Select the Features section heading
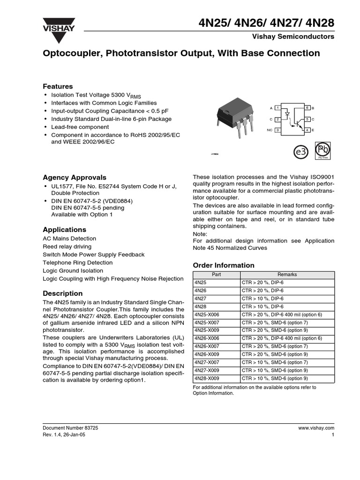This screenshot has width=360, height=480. pyautogui.click(x=58, y=86)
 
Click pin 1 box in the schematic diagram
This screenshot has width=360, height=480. pyautogui.click(x=277, y=108)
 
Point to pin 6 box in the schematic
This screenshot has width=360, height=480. pyautogui.click(x=307, y=108)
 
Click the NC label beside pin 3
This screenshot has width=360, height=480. pyautogui.click(x=270, y=130)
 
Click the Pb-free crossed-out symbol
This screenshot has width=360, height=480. pyautogui.click(x=322, y=150)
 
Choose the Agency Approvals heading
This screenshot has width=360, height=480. pyautogui.click(x=75, y=177)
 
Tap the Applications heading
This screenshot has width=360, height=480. pyautogui.click(x=64, y=230)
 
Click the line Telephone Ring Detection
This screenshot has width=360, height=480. pyautogui.click(x=77, y=262)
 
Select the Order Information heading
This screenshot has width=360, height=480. pyautogui.click(x=224, y=265)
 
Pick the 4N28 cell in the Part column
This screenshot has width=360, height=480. pyautogui.click(x=200, y=307)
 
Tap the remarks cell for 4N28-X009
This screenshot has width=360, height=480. pyautogui.click(x=275, y=378)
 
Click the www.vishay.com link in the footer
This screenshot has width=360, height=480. pyautogui.click(x=315, y=428)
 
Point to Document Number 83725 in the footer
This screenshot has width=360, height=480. pyautogui.click(x=70, y=428)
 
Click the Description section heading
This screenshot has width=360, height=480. pyautogui.click(x=62, y=293)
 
